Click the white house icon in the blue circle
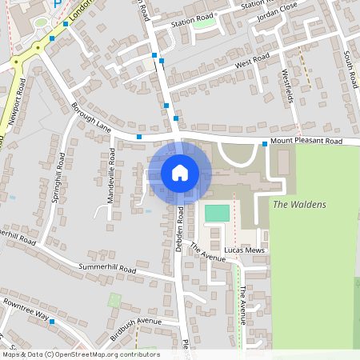point(180,173)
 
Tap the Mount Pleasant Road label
point(306,142)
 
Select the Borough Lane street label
point(90,117)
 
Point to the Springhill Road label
point(58,178)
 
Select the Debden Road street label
point(181,230)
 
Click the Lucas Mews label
point(245,250)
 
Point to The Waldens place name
point(300,205)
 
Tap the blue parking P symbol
point(56,4)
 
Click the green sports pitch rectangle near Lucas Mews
point(217,213)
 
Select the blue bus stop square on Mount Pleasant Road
point(264,144)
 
